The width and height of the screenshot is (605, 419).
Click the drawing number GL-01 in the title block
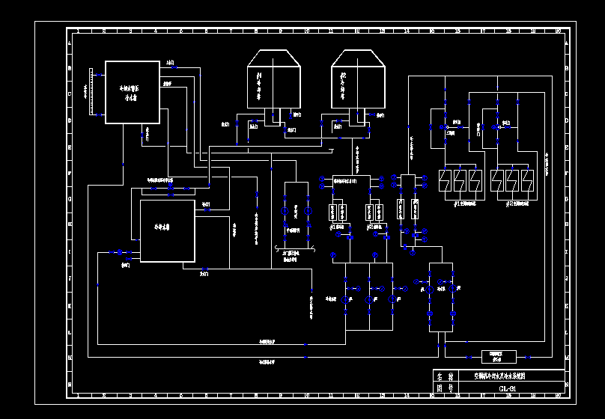[x=508, y=388]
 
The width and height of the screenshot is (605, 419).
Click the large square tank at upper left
[x=133, y=92]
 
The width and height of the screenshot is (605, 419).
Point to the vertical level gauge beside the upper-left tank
[x=91, y=92]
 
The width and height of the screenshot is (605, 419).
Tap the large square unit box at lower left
[x=168, y=230]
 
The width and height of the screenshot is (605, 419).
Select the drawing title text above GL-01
[x=500, y=377]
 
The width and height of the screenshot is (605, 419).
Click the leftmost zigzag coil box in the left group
[x=443, y=180]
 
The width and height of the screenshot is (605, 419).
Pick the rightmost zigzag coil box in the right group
[x=527, y=180]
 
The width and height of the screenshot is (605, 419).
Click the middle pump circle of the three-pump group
[x=368, y=299]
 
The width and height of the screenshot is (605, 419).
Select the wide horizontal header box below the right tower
[x=352, y=180]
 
